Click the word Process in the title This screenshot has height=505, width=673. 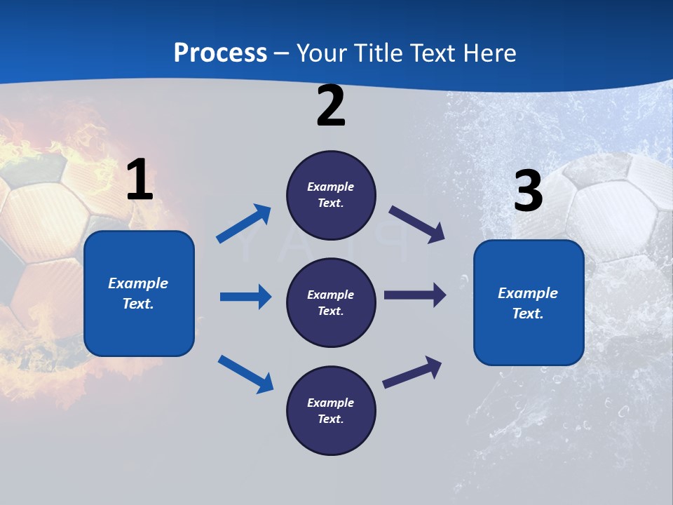(x=220, y=53)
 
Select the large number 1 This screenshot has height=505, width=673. (x=140, y=180)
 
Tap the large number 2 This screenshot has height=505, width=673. (x=331, y=106)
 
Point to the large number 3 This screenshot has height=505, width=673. (x=529, y=191)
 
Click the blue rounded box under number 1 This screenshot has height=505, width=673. (x=139, y=293)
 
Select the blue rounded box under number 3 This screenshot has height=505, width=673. (x=529, y=303)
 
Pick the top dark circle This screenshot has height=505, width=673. (x=331, y=195)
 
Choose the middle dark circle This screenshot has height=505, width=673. (x=331, y=302)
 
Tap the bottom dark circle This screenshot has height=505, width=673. (x=331, y=410)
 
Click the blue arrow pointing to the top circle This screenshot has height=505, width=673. (x=243, y=224)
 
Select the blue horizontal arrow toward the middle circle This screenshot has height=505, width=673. (x=245, y=297)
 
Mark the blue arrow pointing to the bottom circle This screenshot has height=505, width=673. (x=245, y=373)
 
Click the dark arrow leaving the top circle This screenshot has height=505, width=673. (x=416, y=224)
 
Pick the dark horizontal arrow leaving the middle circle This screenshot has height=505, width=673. (x=415, y=295)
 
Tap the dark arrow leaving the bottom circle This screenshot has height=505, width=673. (x=412, y=372)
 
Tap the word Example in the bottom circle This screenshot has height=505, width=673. (x=331, y=403)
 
